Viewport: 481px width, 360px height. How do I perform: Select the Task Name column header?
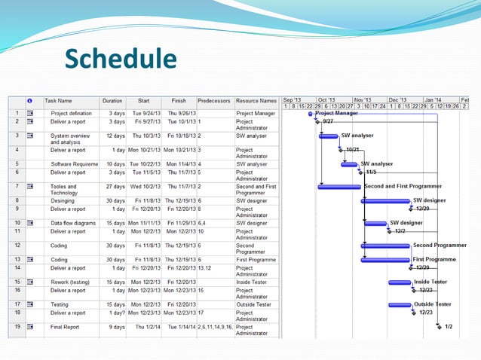59,100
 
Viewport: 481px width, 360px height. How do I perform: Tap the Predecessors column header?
214,100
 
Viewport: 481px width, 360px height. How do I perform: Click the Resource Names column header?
256,100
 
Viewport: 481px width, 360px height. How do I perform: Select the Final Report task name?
66,327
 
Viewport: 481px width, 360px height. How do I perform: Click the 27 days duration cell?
115,186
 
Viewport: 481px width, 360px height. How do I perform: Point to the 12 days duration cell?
115,136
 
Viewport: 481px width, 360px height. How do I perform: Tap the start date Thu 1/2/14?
146,327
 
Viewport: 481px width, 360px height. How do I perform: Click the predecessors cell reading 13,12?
204,268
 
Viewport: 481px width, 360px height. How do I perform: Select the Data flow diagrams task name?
73,223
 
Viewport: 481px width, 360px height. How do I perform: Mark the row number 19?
16,327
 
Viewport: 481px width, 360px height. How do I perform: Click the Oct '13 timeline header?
326,99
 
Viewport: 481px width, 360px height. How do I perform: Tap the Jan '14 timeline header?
433,99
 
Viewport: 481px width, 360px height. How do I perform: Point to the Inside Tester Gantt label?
430,282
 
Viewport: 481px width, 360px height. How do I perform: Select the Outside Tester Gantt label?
433,304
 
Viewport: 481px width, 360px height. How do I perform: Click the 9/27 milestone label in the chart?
327,121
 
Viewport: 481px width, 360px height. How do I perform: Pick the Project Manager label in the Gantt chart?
336,113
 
